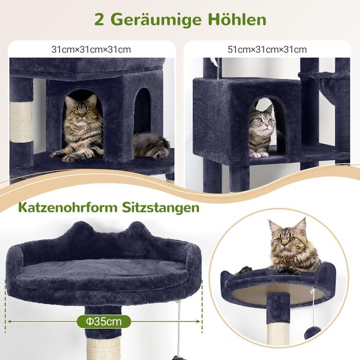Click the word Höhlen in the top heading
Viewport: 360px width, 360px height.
point(237,20)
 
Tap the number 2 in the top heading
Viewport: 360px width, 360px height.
point(100,20)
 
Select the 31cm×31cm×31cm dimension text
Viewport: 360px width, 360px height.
point(91,49)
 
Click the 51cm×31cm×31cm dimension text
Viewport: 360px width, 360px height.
point(267,49)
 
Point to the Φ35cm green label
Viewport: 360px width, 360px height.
point(104,321)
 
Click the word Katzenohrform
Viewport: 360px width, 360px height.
point(68,207)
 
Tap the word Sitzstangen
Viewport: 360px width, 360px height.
point(160,208)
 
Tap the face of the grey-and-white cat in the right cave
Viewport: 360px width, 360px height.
point(263,121)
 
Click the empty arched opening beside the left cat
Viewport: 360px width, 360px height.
point(142,110)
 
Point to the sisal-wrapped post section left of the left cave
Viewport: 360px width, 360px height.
point(22,122)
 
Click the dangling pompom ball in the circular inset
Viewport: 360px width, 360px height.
point(312,333)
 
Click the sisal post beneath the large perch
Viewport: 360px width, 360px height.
point(103,348)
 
